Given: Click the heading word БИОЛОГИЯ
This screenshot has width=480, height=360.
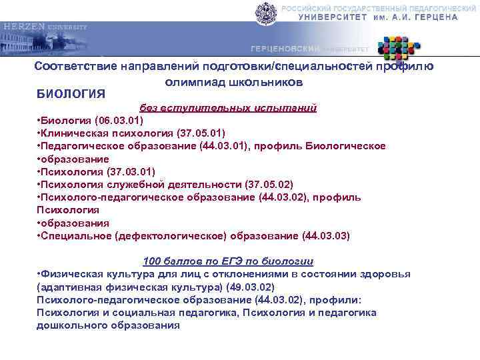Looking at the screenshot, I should pyautogui.click(x=71, y=92).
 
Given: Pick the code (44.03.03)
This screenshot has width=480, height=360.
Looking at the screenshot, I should pyautogui.click(x=325, y=235).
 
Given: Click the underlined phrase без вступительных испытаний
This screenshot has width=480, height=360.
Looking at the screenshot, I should pyautogui.click(x=227, y=107).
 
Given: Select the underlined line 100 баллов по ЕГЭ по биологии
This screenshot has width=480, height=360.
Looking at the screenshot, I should pyautogui.click(x=228, y=261).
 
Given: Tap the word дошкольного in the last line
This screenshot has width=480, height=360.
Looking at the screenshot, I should pyautogui.click(x=70, y=325).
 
